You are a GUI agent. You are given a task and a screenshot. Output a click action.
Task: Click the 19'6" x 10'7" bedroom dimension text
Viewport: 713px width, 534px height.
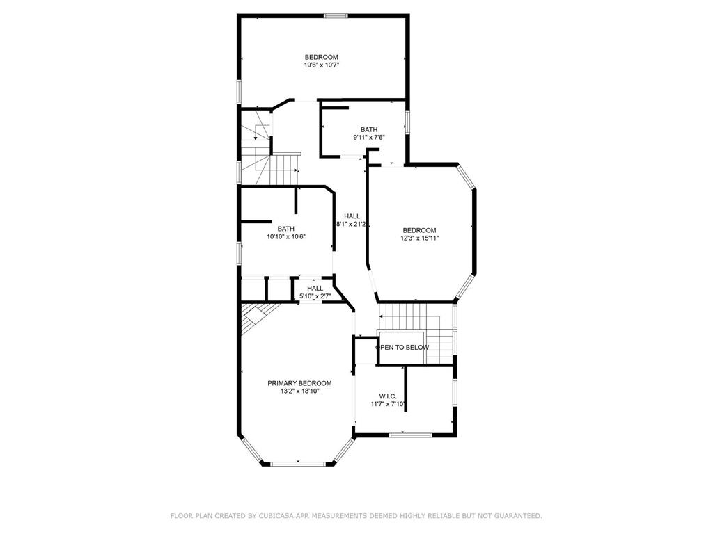(x=321, y=65)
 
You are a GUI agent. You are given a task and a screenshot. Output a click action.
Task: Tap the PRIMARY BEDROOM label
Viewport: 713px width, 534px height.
(x=299, y=383)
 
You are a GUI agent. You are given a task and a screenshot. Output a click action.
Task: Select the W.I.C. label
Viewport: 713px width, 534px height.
(x=388, y=396)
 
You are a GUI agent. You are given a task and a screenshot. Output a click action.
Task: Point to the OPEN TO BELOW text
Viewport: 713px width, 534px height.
(x=402, y=347)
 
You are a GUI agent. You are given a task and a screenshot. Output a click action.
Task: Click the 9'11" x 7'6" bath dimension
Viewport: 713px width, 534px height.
(x=369, y=138)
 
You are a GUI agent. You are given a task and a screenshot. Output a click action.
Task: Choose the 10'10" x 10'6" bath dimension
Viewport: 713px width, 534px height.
(x=286, y=236)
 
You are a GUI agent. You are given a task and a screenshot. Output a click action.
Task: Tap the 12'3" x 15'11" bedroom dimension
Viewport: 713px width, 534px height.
(x=419, y=238)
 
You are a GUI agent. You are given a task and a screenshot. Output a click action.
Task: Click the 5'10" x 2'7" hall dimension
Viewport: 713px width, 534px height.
(x=315, y=297)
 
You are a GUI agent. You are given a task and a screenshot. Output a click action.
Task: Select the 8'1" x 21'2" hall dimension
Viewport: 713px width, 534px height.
(x=352, y=225)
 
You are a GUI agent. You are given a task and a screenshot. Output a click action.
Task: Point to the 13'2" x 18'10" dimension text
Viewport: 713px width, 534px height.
(x=299, y=391)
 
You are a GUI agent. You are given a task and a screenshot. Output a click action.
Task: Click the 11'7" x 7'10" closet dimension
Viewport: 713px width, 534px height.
(x=388, y=404)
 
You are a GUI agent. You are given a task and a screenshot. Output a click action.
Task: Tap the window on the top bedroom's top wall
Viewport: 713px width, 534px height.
(x=336, y=15)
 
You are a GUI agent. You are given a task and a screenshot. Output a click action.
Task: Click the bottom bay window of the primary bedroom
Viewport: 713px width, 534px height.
(x=297, y=464)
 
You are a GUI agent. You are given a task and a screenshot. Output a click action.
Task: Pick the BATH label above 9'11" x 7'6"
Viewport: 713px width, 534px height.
(x=369, y=129)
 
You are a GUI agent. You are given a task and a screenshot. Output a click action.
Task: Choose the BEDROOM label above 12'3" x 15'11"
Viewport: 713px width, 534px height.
(x=419, y=230)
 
